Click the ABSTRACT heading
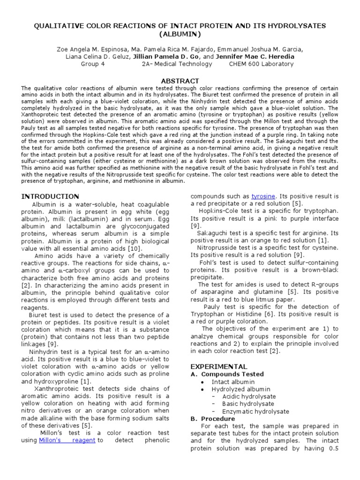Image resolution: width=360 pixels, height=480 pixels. point(180,81)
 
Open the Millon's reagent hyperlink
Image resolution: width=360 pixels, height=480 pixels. point(67,440)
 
